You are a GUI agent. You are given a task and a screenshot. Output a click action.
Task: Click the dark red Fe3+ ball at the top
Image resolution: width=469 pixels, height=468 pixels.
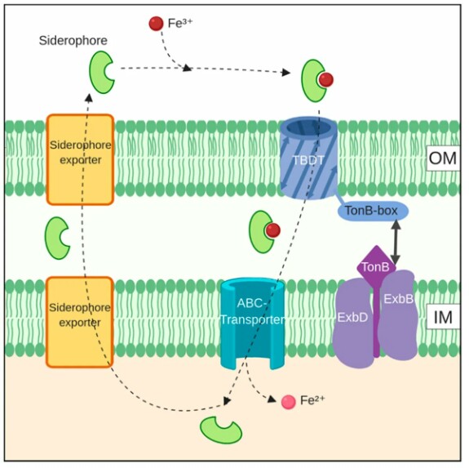click(x=156, y=24)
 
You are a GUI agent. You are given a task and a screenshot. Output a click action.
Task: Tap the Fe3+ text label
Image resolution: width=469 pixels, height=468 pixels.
click(x=180, y=23)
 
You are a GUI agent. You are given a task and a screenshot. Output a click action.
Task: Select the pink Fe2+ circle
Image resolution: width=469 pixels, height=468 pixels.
click(x=289, y=402)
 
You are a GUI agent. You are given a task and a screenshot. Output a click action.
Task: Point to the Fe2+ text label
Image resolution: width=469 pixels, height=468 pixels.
click(x=312, y=400)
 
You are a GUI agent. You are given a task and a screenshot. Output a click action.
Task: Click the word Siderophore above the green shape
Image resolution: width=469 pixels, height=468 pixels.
click(x=73, y=40)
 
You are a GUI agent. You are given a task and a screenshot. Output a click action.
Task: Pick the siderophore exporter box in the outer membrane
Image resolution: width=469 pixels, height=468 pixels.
click(x=80, y=159)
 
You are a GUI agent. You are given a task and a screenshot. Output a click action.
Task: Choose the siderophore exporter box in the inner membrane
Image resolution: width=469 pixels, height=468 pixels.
click(x=80, y=322)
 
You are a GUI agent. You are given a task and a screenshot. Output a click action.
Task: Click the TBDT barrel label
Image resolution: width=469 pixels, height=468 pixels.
click(x=308, y=160)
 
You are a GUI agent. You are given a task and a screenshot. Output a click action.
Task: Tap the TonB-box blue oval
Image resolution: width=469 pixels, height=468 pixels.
click(x=373, y=211)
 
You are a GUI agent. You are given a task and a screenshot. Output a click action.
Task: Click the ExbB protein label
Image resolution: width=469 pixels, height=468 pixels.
click(x=398, y=299)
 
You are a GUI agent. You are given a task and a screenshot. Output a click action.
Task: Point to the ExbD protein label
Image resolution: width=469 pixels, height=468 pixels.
click(x=352, y=318)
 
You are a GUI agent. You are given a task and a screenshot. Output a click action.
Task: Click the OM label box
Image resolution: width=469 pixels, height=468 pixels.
click(x=443, y=158)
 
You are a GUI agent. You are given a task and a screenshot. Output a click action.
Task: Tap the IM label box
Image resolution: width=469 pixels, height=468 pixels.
click(x=443, y=317)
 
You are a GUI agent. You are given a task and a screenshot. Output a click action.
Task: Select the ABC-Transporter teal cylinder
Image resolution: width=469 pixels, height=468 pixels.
click(x=253, y=323)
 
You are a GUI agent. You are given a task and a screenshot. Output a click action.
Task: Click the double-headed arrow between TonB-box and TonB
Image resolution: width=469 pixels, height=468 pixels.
click(x=396, y=243)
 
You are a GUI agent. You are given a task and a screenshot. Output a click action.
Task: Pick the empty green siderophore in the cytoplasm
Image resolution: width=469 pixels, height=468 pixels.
click(x=221, y=430)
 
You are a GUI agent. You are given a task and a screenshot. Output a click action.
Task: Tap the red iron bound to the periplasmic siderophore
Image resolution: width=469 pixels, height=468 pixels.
click(x=272, y=230)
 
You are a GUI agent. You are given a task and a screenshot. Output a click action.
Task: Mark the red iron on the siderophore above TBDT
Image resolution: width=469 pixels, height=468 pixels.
click(x=325, y=80)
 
